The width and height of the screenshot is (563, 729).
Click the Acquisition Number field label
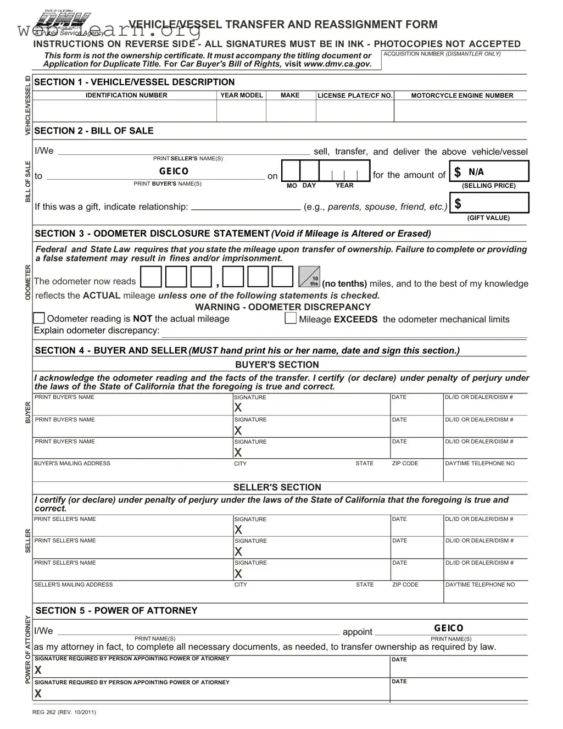pyautogui.click(x=442, y=54)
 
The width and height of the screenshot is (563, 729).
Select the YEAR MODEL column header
pyautogui.click(x=241, y=95)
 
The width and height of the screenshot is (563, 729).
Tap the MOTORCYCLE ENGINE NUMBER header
pyautogui.click(x=461, y=96)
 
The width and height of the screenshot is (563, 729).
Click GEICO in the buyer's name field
pyautogui.click(x=174, y=171)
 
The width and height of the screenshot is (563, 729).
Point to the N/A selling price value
pyautogui.click(x=476, y=172)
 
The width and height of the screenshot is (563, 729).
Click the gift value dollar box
pyautogui.click(x=488, y=203)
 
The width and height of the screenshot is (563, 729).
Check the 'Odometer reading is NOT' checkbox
pyautogui.click(x=39, y=318)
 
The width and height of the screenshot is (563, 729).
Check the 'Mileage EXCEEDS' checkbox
pyautogui.click(x=291, y=318)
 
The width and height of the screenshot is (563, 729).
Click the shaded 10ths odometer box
pyautogui.click(x=309, y=277)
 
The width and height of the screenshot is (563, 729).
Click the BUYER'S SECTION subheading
pyautogui.click(x=277, y=365)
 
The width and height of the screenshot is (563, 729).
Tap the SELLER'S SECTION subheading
pyautogui.click(x=277, y=487)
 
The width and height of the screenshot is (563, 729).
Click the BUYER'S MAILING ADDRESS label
pyautogui.click(x=73, y=464)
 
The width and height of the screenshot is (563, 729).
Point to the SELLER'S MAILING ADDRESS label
pyautogui.click(x=74, y=585)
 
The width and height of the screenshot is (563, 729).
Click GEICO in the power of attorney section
pyautogui.click(x=448, y=628)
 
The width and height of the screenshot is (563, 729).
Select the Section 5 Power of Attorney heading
pyautogui.click(x=116, y=610)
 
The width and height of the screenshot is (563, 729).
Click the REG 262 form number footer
pyautogui.click(x=64, y=713)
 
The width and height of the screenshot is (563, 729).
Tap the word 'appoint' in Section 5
pyautogui.click(x=357, y=632)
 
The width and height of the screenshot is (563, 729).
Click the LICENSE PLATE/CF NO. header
pyautogui.click(x=355, y=96)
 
